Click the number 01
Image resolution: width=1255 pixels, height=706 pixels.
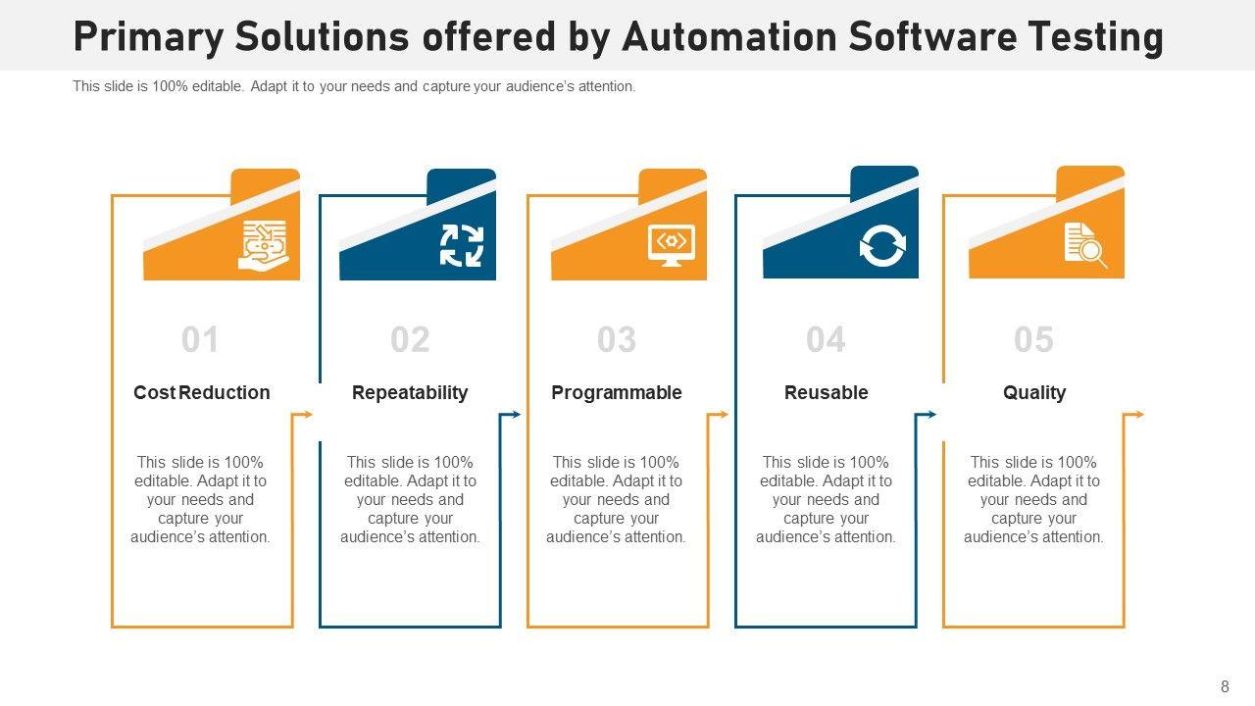tap(200, 340)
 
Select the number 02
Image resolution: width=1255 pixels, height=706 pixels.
tap(410, 340)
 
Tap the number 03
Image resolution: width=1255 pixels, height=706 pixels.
tap(617, 340)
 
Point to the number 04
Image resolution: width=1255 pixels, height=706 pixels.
tap(826, 340)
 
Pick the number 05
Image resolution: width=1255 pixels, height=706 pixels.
tap(1033, 340)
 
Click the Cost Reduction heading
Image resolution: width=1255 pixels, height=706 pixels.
tap(201, 392)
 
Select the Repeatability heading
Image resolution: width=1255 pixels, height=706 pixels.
tap(410, 392)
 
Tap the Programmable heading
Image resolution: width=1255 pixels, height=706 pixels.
tap(617, 392)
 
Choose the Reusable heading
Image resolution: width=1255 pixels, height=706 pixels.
tap(826, 392)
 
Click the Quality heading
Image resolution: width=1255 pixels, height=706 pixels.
tap(1033, 392)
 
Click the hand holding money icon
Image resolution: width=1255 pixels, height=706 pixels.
tap(265, 245)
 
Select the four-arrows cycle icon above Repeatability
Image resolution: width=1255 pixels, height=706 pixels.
tap(461, 245)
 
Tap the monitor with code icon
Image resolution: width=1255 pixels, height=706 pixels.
tap(672, 244)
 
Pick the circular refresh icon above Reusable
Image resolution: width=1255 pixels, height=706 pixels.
tap(882, 245)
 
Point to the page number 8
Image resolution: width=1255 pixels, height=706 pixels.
tap(1225, 687)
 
